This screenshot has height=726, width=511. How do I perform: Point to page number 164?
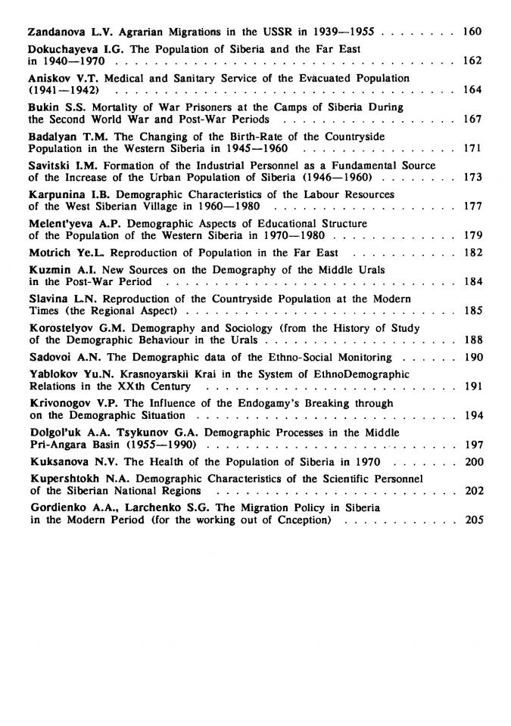click(472, 90)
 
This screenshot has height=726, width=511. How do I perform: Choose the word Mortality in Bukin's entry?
click(111, 107)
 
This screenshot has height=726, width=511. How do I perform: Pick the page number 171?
click(472, 148)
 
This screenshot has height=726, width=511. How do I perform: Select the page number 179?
click(472, 235)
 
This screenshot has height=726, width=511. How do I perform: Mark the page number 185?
click(472, 310)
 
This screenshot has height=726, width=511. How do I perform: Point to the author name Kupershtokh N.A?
click(75, 479)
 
